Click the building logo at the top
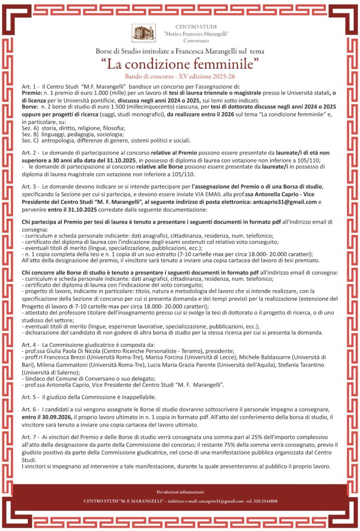point(144,33)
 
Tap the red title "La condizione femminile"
point(180,64)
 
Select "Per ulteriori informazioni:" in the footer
point(180,491)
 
